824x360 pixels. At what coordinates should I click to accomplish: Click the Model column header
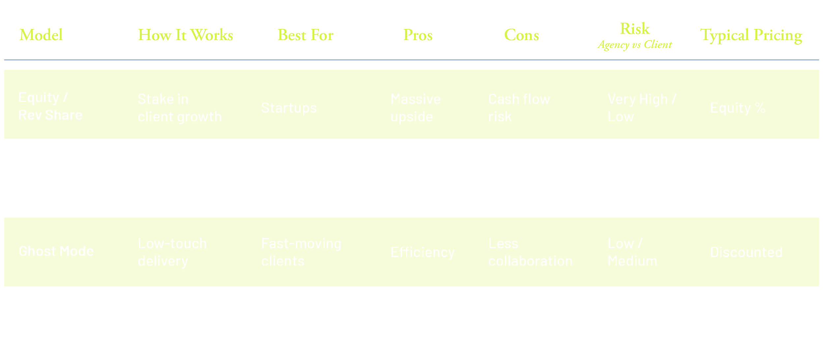(41, 35)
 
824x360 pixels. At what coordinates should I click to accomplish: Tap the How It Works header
(186, 35)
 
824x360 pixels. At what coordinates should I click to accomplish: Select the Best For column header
(306, 35)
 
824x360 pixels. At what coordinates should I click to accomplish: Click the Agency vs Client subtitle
(635, 45)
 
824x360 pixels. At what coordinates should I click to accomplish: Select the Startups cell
(289, 108)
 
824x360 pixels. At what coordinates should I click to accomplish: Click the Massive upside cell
(415, 108)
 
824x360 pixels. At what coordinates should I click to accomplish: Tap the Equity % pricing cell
(738, 108)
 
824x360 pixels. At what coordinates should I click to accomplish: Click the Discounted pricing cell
(746, 253)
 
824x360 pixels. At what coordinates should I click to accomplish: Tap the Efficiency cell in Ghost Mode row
(423, 253)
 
